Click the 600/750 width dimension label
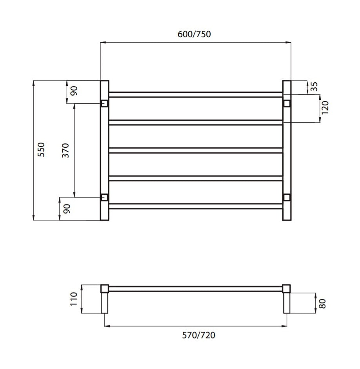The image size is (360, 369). coord(194,34)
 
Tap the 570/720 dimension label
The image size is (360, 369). coord(198,335)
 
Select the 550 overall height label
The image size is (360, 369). coord(41,149)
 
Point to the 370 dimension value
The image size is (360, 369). coord(65,150)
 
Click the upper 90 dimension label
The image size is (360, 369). coord(74,91)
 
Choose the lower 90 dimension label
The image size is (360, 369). coord(67,209)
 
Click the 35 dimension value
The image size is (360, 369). coord(314,86)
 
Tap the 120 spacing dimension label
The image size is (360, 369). coord(325,108)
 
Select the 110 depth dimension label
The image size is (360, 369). coord(74,299)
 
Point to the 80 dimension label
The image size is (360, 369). coord(322,304)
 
